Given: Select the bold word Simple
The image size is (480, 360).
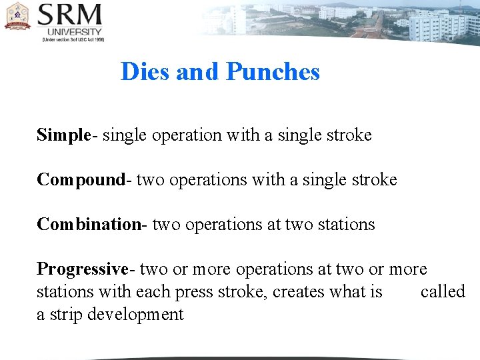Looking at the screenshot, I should click(63, 135).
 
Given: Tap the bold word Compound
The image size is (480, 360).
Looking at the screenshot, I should click(81, 180).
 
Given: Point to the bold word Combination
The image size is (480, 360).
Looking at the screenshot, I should click(89, 225).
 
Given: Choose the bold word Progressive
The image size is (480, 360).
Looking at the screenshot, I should click(83, 269).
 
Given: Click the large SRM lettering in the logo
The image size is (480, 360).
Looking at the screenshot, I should click(70, 15).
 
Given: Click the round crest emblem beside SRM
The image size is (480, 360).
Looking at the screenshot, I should click(17, 17).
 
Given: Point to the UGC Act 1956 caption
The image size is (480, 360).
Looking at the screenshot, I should click(73, 40).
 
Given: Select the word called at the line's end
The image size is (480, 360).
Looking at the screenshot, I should click(443, 292).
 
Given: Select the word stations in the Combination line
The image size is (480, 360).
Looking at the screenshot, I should click(347, 225).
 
